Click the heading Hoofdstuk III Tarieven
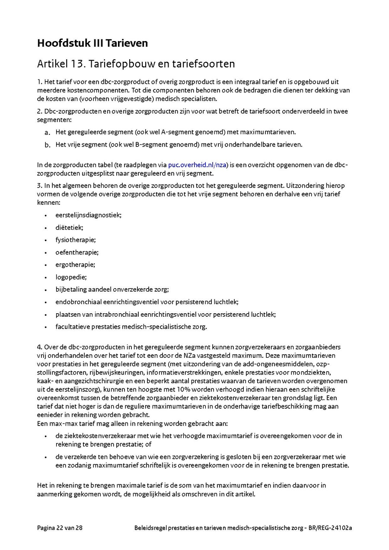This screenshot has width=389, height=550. tap(92, 43)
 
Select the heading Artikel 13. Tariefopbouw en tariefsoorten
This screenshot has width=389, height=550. tap(136, 64)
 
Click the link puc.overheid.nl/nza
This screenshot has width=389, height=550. tap(198, 165)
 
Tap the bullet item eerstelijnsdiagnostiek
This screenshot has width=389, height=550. tap(88, 215)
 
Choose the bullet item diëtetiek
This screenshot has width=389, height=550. tap(69, 227)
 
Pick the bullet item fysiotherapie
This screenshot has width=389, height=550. tap(76, 239)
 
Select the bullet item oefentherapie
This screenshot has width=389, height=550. tap(77, 252)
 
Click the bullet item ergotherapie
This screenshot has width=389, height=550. tap(75, 264)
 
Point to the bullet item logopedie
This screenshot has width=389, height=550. tap(71, 277)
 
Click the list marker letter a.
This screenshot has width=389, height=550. tap(47, 132)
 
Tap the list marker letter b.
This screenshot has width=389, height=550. tap(47, 145)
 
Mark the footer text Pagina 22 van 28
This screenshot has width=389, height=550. tap(60, 528)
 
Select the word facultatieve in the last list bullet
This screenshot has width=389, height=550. tap(71, 327)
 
